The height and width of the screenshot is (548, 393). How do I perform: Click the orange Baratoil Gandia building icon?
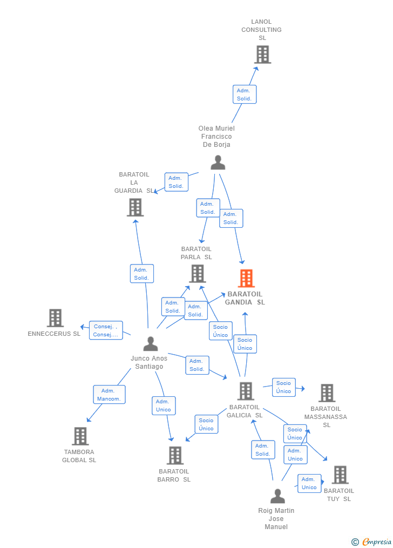coord(246,279)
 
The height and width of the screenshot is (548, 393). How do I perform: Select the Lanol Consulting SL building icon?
coord(262,55)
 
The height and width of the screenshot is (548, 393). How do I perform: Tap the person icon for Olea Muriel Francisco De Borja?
coord(218,163)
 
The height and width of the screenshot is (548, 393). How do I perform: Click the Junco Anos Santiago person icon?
coord(151,343)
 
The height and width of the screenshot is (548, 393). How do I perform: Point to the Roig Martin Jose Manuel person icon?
coord(277,496)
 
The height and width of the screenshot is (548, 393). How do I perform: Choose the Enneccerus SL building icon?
coord(55,318)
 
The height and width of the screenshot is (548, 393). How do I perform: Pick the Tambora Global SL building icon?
coord(80,436)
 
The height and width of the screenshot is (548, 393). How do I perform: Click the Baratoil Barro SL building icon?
coord(175,455)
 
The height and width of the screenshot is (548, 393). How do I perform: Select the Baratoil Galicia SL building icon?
coord(246,391)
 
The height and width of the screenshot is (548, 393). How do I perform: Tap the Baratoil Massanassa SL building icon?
coord(327,393)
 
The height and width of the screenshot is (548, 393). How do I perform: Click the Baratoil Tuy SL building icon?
coord(340,475)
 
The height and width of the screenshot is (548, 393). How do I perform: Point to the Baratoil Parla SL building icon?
coord(197,273)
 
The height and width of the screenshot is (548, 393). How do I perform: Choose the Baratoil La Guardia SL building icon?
coord(135,207)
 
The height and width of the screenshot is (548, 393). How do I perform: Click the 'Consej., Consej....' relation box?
coord(106,330)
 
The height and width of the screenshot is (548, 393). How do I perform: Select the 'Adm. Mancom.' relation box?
coord(109,395)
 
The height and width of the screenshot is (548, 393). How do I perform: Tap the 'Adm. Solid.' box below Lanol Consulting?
coord(244,94)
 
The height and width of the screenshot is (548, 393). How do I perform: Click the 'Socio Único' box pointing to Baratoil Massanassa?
coord(283,387)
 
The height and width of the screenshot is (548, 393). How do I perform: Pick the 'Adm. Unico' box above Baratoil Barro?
coord(163,405)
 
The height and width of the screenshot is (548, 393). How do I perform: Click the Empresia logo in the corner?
coord(371,542)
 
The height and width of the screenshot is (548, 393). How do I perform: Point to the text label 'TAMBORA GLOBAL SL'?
coord(79,456)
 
